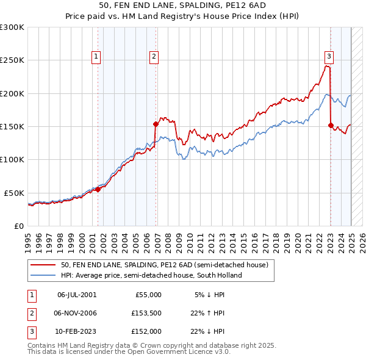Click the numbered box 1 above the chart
(x=96, y=57)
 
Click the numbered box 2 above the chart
(x=154, y=57)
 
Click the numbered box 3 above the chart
(x=329, y=57)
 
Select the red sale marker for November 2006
(x=156, y=124)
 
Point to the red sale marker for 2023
(x=331, y=125)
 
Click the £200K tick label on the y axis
(x=12, y=93)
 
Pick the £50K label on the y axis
(x=15, y=193)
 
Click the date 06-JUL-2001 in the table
(x=76, y=295)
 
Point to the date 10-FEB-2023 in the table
(x=76, y=331)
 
